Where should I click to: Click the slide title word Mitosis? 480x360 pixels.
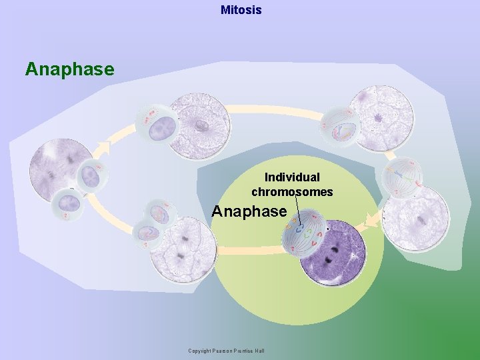(x=241, y=10)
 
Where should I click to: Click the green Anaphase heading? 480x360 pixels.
(x=70, y=69)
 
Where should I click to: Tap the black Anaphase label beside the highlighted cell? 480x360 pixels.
(x=249, y=211)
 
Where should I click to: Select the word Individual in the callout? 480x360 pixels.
(x=292, y=177)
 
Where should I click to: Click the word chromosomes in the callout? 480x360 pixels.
(x=292, y=192)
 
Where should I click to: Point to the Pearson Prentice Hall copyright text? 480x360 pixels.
(x=226, y=351)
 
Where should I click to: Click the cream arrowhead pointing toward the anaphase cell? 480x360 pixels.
(x=371, y=221)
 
